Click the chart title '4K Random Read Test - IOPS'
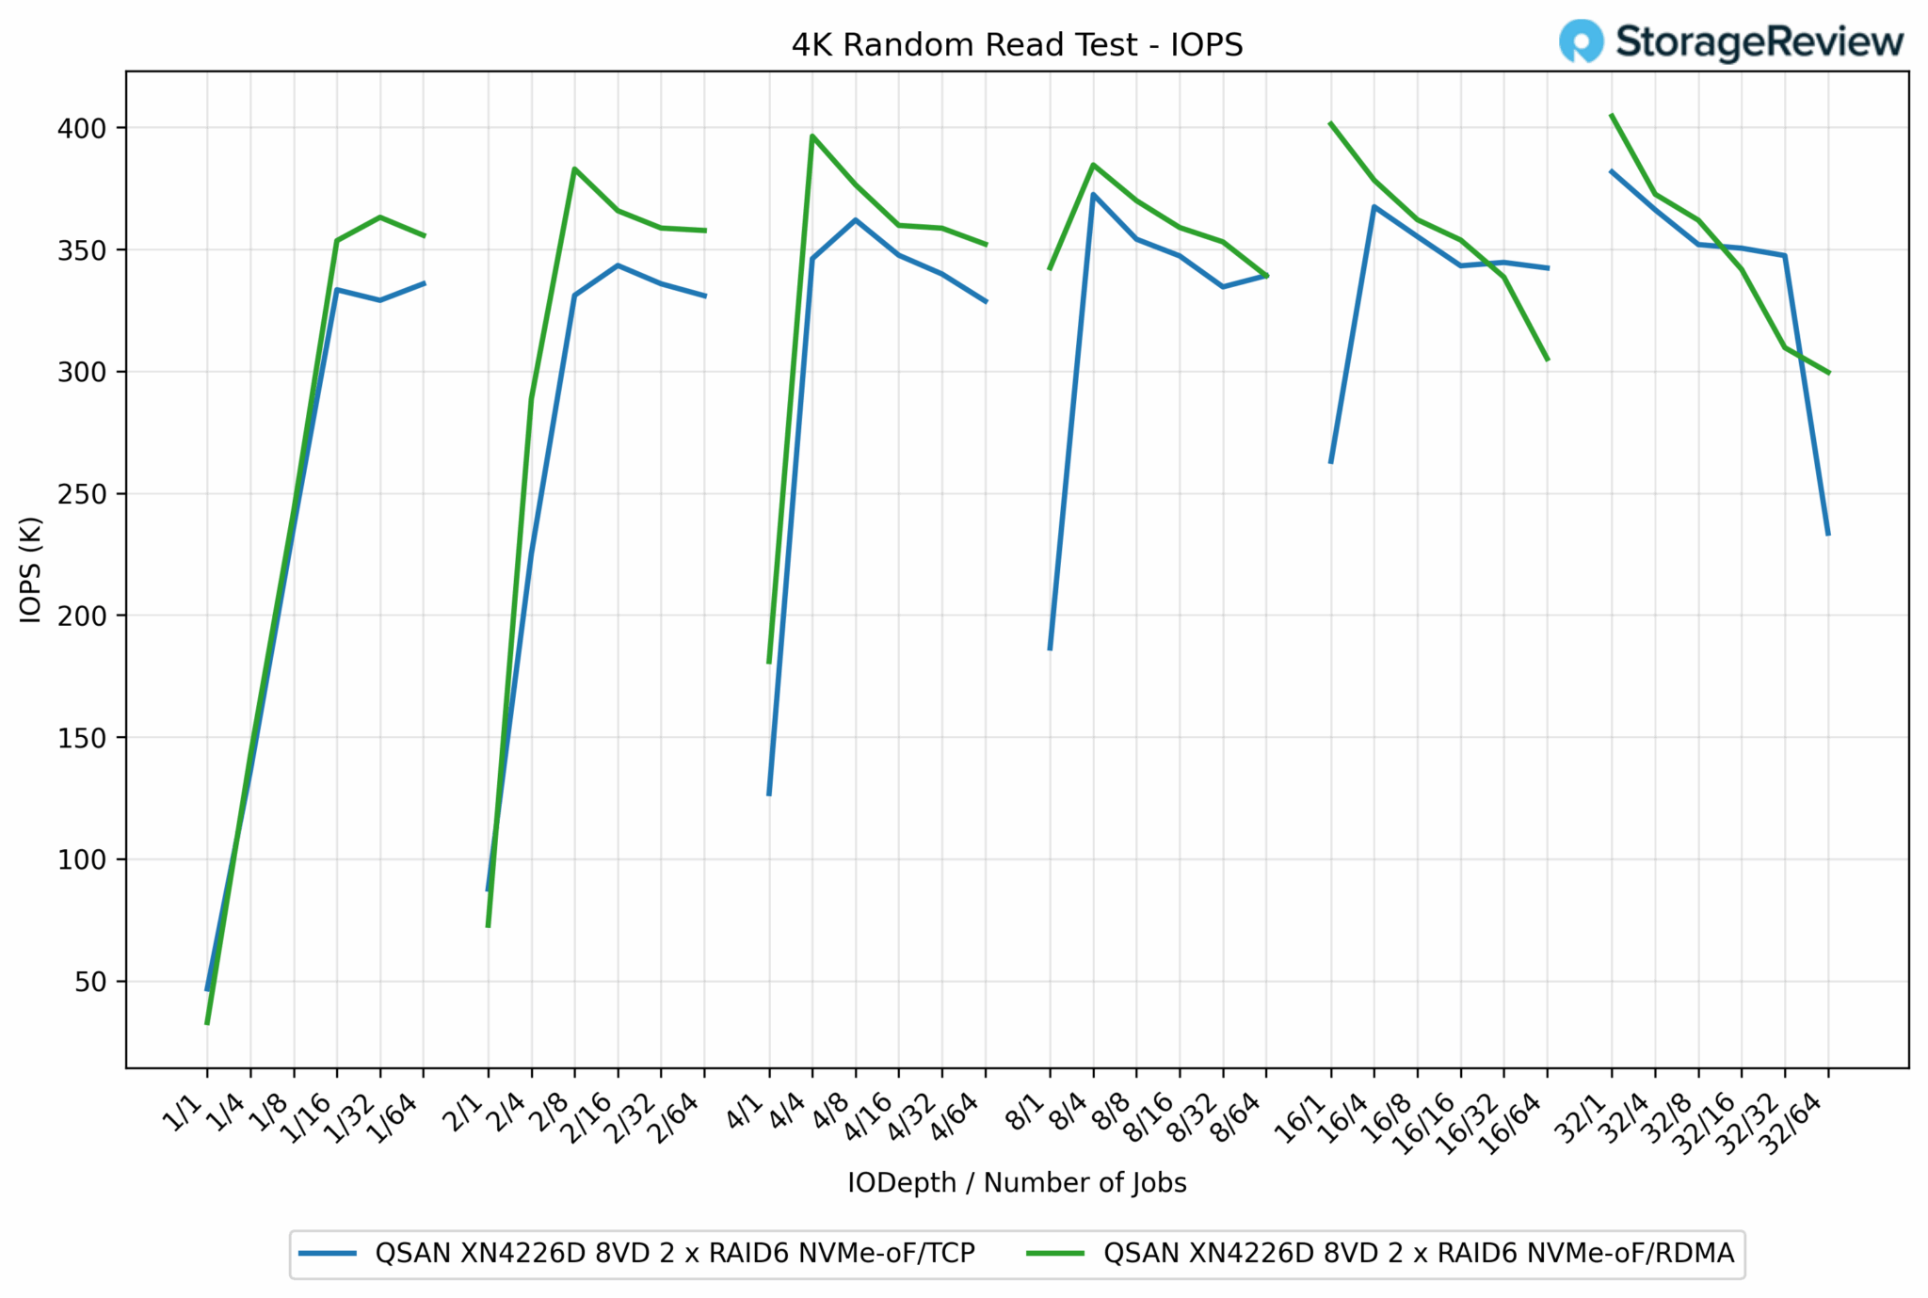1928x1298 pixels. coord(1017,45)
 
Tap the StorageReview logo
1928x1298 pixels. coord(1730,42)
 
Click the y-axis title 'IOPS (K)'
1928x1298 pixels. coord(31,569)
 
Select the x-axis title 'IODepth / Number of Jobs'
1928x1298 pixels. coord(1017,1183)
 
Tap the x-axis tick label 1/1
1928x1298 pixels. coord(185,1114)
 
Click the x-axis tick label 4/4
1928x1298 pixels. coord(789,1114)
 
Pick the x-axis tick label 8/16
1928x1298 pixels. coord(1151,1119)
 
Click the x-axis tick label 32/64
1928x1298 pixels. coord(1793,1124)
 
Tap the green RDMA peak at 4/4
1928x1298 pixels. coord(812,136)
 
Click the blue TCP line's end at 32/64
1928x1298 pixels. coord(1828,535)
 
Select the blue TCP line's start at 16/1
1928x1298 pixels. coord(1330,462)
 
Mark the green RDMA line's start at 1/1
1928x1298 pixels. coord(207,1023)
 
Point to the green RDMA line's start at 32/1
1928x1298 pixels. coord(1612,115)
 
